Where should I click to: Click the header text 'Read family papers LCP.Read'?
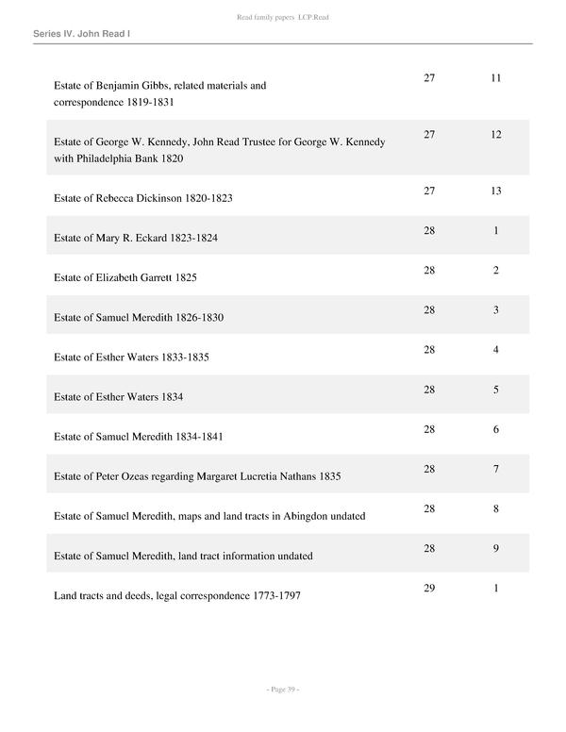click(x=283, y=18)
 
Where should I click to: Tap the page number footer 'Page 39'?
click(x=282, y=690)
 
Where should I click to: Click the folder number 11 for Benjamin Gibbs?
click(x=495, y=77)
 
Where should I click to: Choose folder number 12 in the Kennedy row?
click(x=495, y=135)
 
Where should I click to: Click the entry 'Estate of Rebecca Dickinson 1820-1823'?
click(x=143, y=199)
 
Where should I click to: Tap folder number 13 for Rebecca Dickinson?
click(x=495, y=191)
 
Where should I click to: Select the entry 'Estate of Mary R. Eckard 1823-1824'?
click(x=136, y=239)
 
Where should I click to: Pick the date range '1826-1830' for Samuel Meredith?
click(x=200, y=318)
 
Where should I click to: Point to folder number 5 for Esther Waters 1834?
click(x=495, y=390)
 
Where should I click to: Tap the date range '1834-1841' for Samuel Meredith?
click(x=199, y=437)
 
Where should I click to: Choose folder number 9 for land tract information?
click(x=495, y=548)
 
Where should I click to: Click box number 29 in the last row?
click(x=429, y=588)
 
